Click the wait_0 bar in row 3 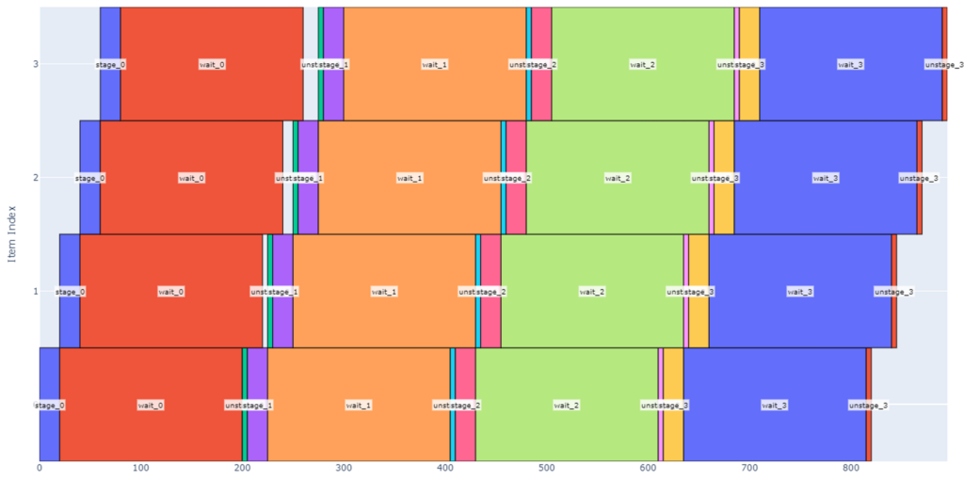pos(212,38)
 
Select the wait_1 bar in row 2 pos(410,151)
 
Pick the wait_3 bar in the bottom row pos(774,376)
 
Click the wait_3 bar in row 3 pos(850,38)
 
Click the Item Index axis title pos(11,233)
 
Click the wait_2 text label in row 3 pos(642,65)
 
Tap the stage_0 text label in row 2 pos(89,178)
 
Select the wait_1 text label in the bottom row pos(359,405)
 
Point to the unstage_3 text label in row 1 pos(893,292)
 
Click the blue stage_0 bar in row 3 pos(110,38)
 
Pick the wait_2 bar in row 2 pos(618,151)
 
